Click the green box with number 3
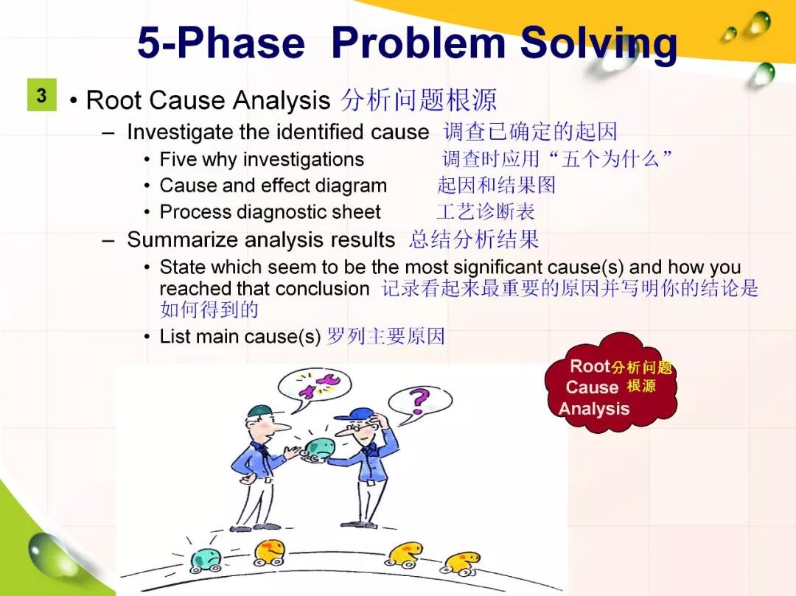point(41,95)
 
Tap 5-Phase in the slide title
point(221,43)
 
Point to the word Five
point(177,159)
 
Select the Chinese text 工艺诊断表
point(485,212)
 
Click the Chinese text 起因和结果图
point(496,186)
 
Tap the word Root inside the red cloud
point(590,366)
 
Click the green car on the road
point(206,561)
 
